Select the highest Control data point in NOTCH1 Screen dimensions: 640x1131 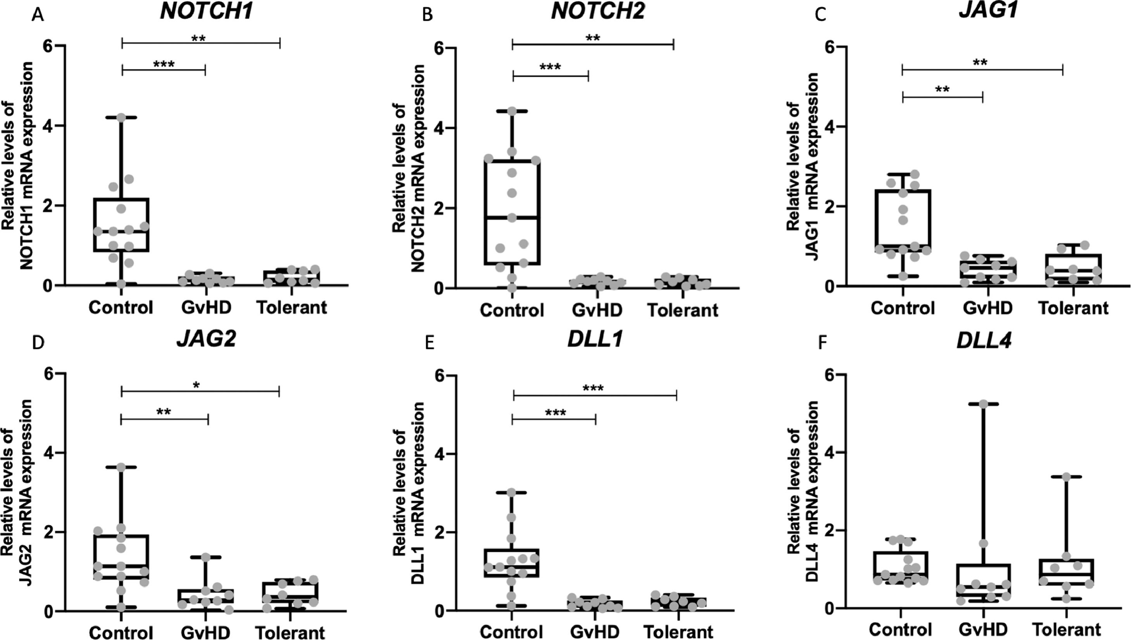tap(121, 117)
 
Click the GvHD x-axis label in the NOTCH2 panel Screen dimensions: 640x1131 tap(597, 310)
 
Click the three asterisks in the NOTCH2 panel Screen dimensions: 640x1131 tap(550, 67)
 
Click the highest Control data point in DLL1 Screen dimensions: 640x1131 tap(511, 492)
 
